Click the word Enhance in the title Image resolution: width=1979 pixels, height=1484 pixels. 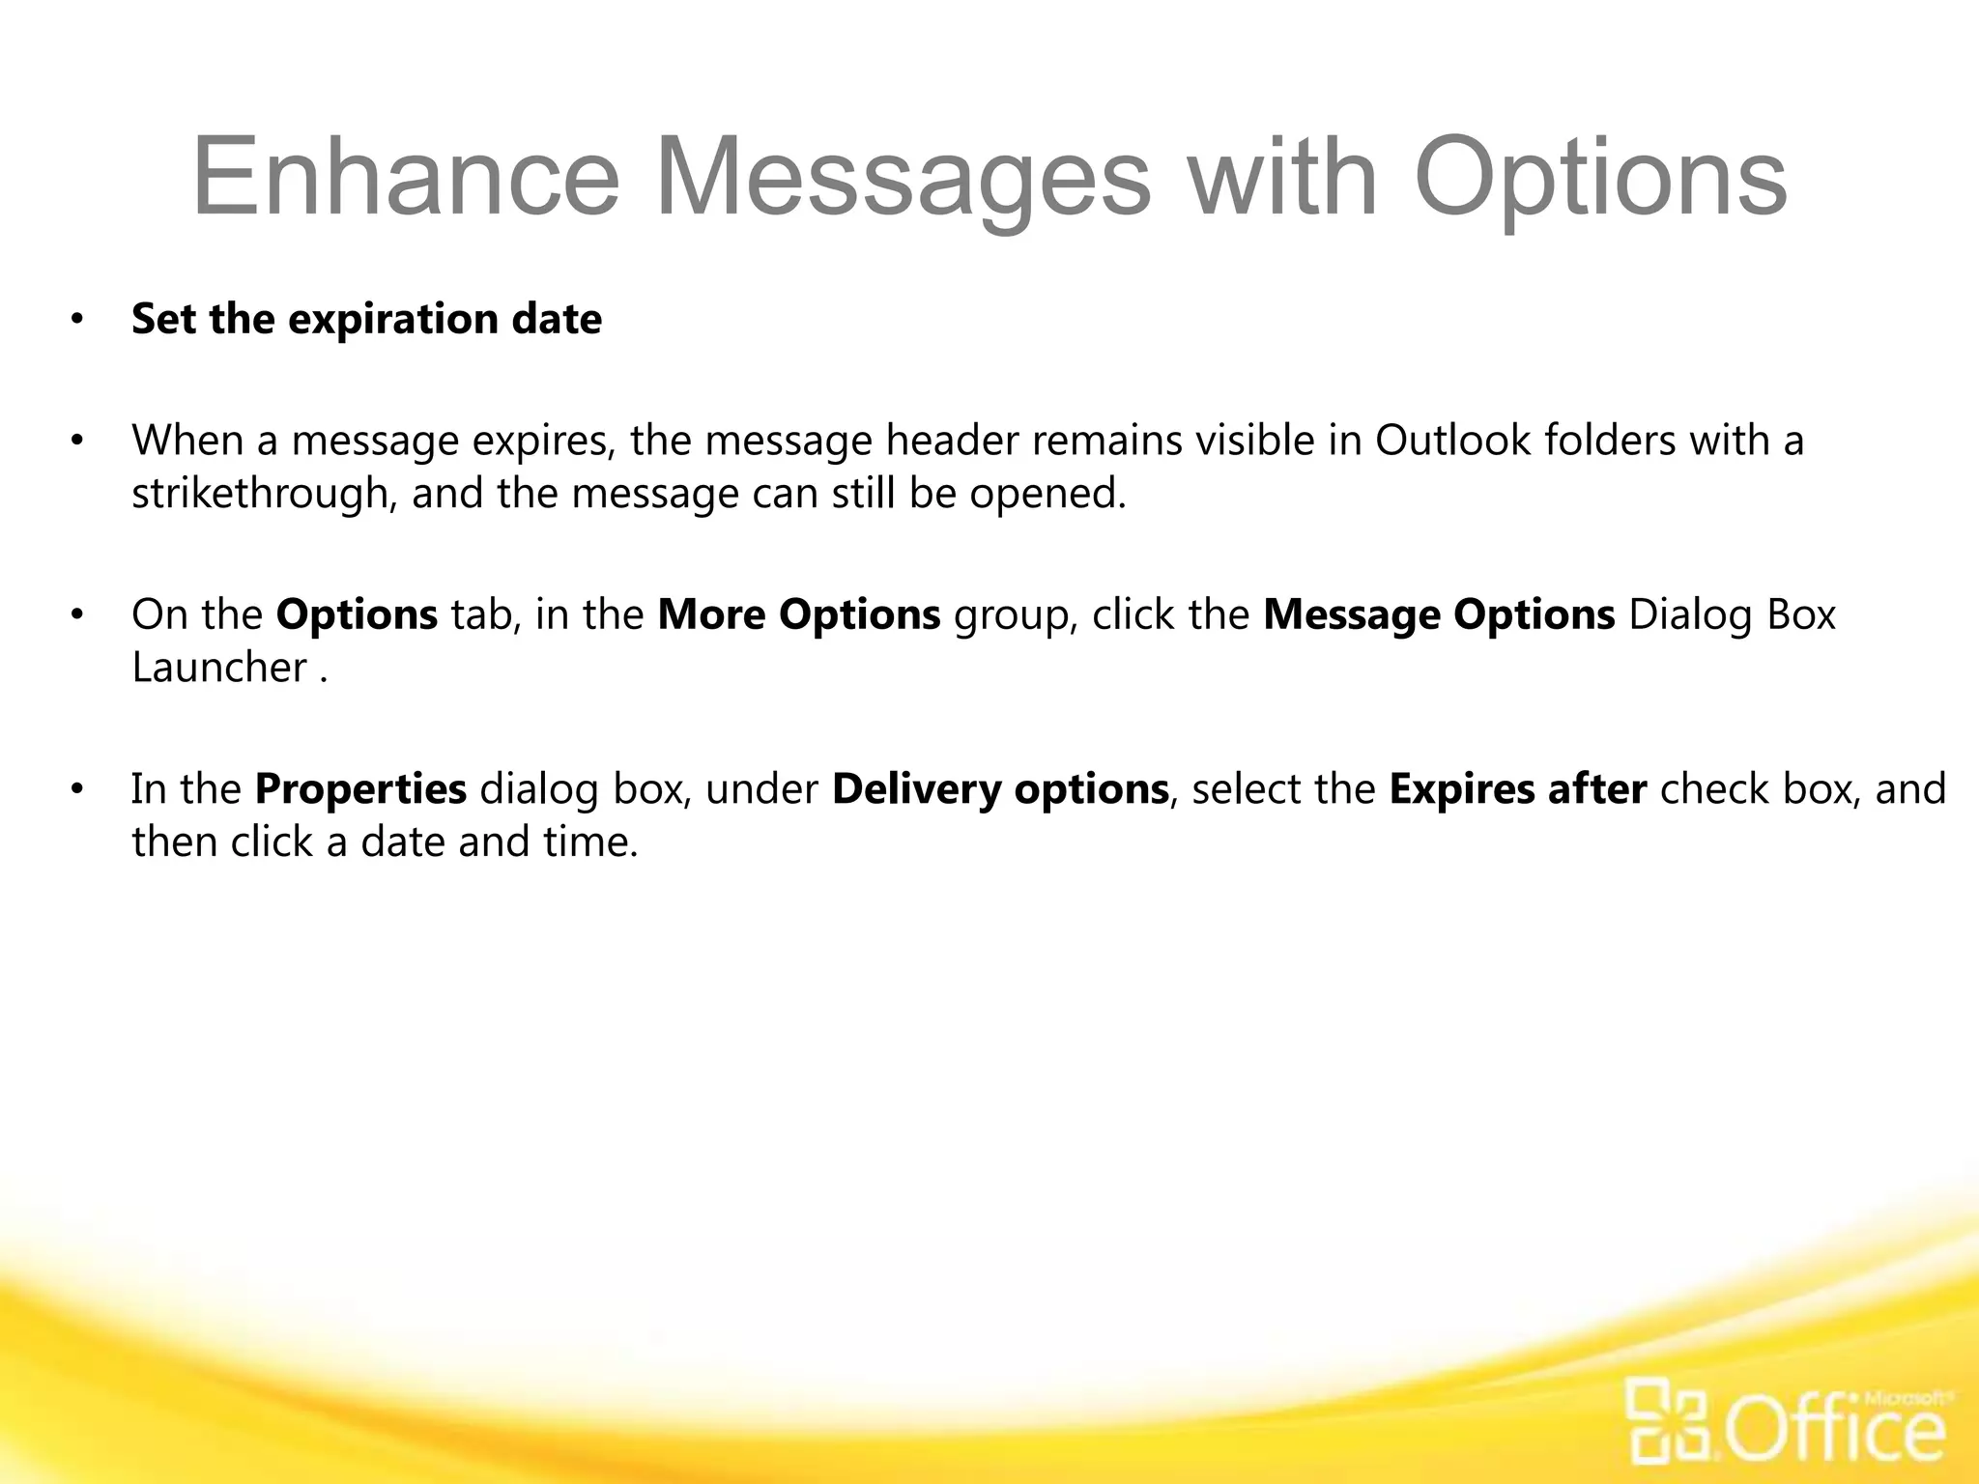point(405,178)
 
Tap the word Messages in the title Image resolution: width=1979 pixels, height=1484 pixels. point(903,178)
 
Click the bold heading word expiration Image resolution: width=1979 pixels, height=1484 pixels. point(393,320)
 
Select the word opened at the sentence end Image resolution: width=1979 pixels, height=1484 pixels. point(1047,494)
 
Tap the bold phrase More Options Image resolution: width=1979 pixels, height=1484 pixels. point(798,614)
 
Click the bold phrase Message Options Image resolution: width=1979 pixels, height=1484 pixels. point(1439,614)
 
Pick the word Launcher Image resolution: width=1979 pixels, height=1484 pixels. point(219,668)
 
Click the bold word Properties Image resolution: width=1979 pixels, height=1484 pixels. point(360,789)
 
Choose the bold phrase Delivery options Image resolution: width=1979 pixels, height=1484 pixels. point(1000,789)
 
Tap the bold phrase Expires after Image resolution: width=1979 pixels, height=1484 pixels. point(1517,789)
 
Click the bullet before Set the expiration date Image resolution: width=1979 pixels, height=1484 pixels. point(76,320)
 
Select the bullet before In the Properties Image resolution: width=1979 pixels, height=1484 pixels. point(76,789)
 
